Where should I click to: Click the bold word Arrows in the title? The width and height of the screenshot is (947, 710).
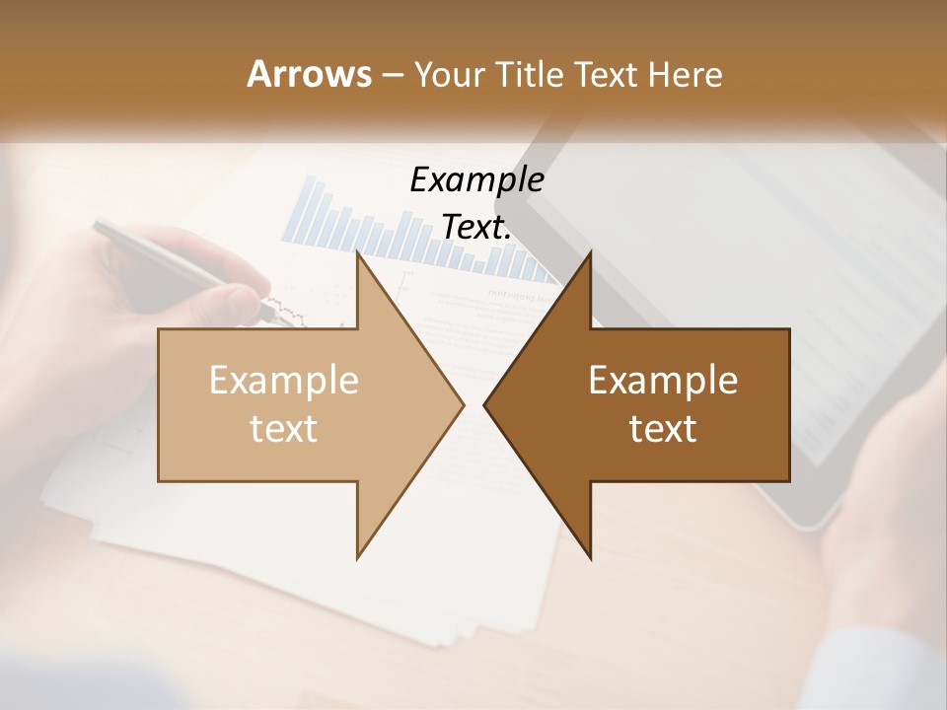point(309,74)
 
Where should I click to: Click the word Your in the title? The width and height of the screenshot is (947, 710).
point(449,74)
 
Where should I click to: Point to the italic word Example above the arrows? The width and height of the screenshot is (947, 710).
point(476,179)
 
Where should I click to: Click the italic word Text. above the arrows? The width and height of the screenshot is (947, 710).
point(476,227)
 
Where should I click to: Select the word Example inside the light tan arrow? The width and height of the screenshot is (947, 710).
point(284,380)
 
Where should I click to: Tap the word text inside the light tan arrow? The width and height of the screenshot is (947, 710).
point(284,429)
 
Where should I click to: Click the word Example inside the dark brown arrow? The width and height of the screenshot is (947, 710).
point(663,380)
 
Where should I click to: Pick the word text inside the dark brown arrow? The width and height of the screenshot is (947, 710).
point(663,429)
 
